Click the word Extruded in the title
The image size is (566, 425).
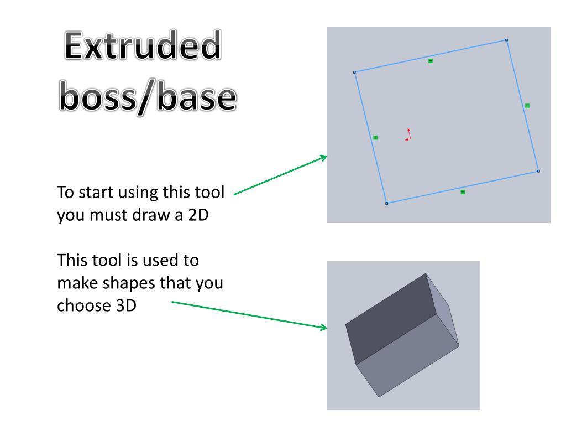coord(143,45)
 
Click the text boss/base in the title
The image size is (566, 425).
coord(148,96)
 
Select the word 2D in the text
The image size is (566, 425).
coord(198,215)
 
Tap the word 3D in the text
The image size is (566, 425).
coord(126,305)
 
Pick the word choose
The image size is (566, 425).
coord(84,305)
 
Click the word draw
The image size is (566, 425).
coord(151,215)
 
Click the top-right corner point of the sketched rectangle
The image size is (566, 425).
coord(506,40)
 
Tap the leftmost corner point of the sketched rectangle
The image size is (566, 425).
coord(354,72)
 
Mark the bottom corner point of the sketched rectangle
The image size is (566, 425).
coord(386,204)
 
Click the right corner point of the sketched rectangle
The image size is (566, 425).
coord(538,172)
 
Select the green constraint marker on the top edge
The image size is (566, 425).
coord(430,61)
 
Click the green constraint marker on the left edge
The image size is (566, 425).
coord(375,138)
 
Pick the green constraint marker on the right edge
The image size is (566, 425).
coord(527,106)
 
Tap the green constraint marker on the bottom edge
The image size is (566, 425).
coord(463,192)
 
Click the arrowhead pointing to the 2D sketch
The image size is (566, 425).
coord(324,158)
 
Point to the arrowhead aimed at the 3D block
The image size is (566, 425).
coord(324,328)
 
